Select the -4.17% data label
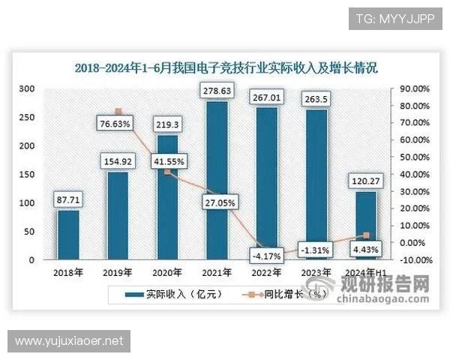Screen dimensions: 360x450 pos(267,256)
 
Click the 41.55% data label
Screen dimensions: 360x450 pos(167,160)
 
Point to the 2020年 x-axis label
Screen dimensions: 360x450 pos(168,272)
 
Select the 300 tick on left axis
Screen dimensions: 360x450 pos(27,88)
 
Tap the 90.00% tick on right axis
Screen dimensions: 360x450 pos(413,88)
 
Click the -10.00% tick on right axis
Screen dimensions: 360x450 pos(413,260)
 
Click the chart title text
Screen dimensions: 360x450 pos(226,67)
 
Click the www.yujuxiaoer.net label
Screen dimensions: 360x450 pos(69,341)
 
